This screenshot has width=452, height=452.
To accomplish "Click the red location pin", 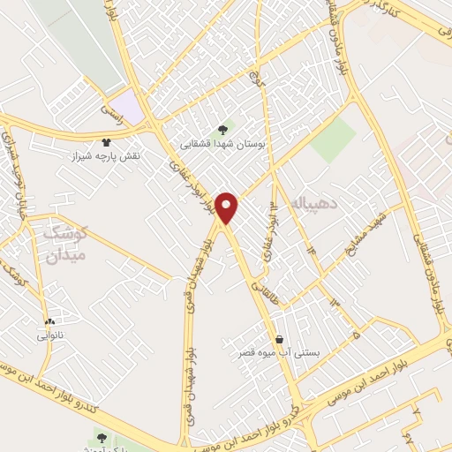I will tap(228, 207).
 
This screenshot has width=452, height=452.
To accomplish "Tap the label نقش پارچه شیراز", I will tap(108, 155).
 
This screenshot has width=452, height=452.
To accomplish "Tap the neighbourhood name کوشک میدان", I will tap(64, 244).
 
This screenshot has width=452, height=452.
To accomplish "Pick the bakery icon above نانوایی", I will tap(49, 321).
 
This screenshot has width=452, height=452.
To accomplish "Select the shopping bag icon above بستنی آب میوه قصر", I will tap(280, 339).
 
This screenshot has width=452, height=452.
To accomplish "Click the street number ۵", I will tap(354, 335).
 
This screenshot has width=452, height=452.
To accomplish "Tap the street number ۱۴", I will tap(311, 252).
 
